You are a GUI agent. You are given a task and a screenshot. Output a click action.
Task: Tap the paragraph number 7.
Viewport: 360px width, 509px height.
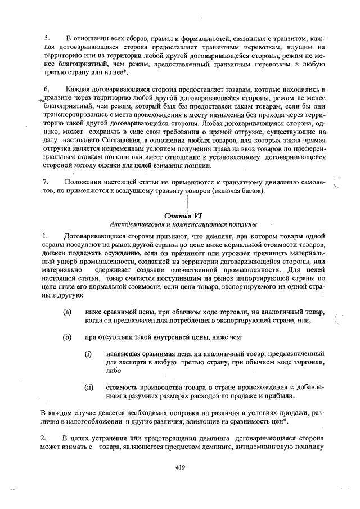coord(47,182)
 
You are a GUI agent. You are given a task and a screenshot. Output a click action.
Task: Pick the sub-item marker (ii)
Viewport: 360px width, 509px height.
coord(89,387)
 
